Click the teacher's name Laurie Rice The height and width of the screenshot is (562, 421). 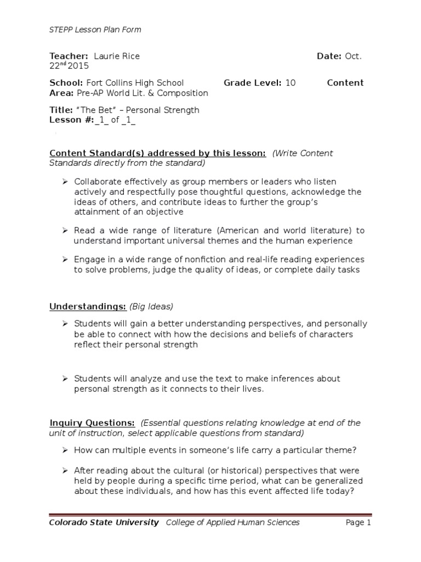click(117, 56)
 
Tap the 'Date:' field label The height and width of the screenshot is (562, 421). click(329, 56)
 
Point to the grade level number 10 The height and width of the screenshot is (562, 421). click(291, 83)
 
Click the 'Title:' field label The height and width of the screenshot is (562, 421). click(61, 110)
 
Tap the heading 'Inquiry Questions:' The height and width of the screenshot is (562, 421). click(92, 423)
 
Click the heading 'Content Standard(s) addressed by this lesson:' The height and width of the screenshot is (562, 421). click(158, 153)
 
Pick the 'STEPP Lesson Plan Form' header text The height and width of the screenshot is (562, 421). click(95, 30)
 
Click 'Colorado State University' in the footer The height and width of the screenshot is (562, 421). click(104, 522)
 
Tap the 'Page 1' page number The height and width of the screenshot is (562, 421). click(359, 522)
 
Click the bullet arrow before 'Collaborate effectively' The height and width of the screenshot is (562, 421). click(64, 181)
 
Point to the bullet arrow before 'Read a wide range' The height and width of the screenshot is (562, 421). click(64, 231)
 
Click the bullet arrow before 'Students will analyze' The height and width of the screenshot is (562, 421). click(64, 379)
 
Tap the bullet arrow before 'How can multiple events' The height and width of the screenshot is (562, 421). click(64, 450)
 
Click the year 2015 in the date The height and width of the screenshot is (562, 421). click(79, 66)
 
